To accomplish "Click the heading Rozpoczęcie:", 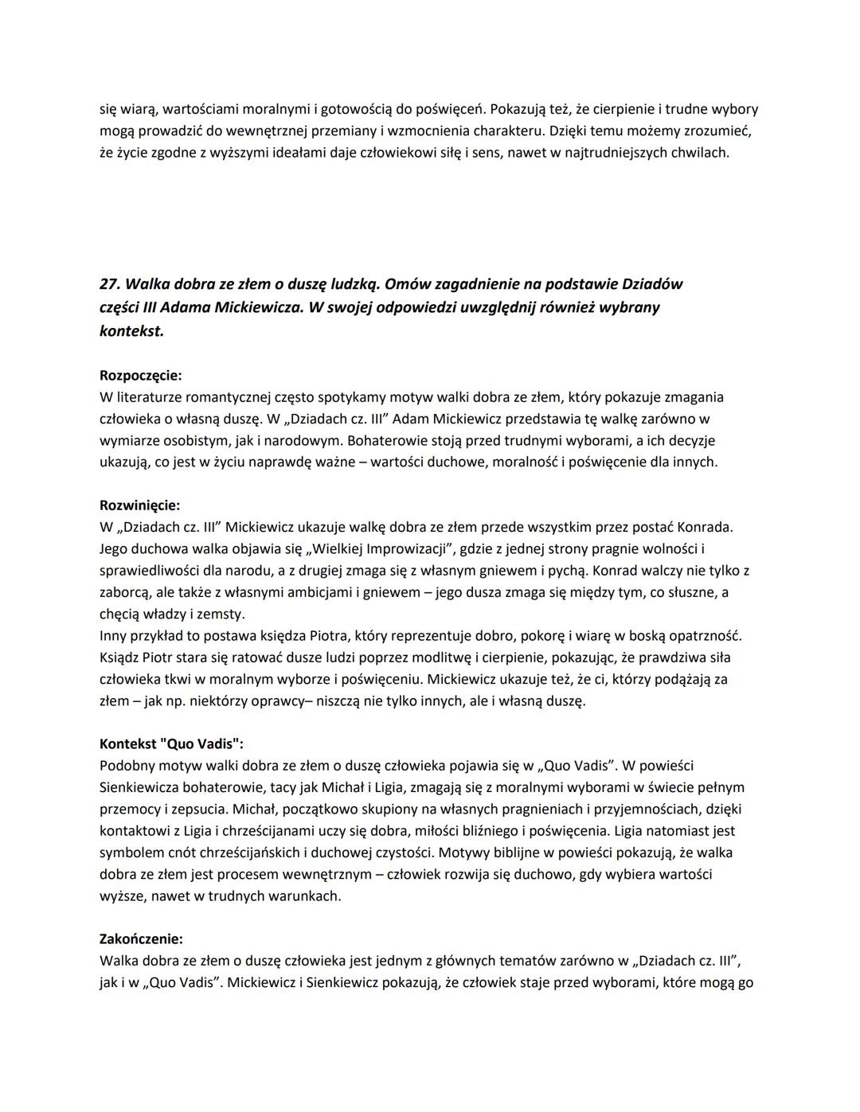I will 140,375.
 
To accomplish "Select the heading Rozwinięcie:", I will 139,505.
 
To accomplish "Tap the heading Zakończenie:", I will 141,938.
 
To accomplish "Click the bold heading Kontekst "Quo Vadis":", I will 171,743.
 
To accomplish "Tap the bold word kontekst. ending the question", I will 131,330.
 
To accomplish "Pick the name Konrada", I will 704,527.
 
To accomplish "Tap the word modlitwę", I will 412,657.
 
